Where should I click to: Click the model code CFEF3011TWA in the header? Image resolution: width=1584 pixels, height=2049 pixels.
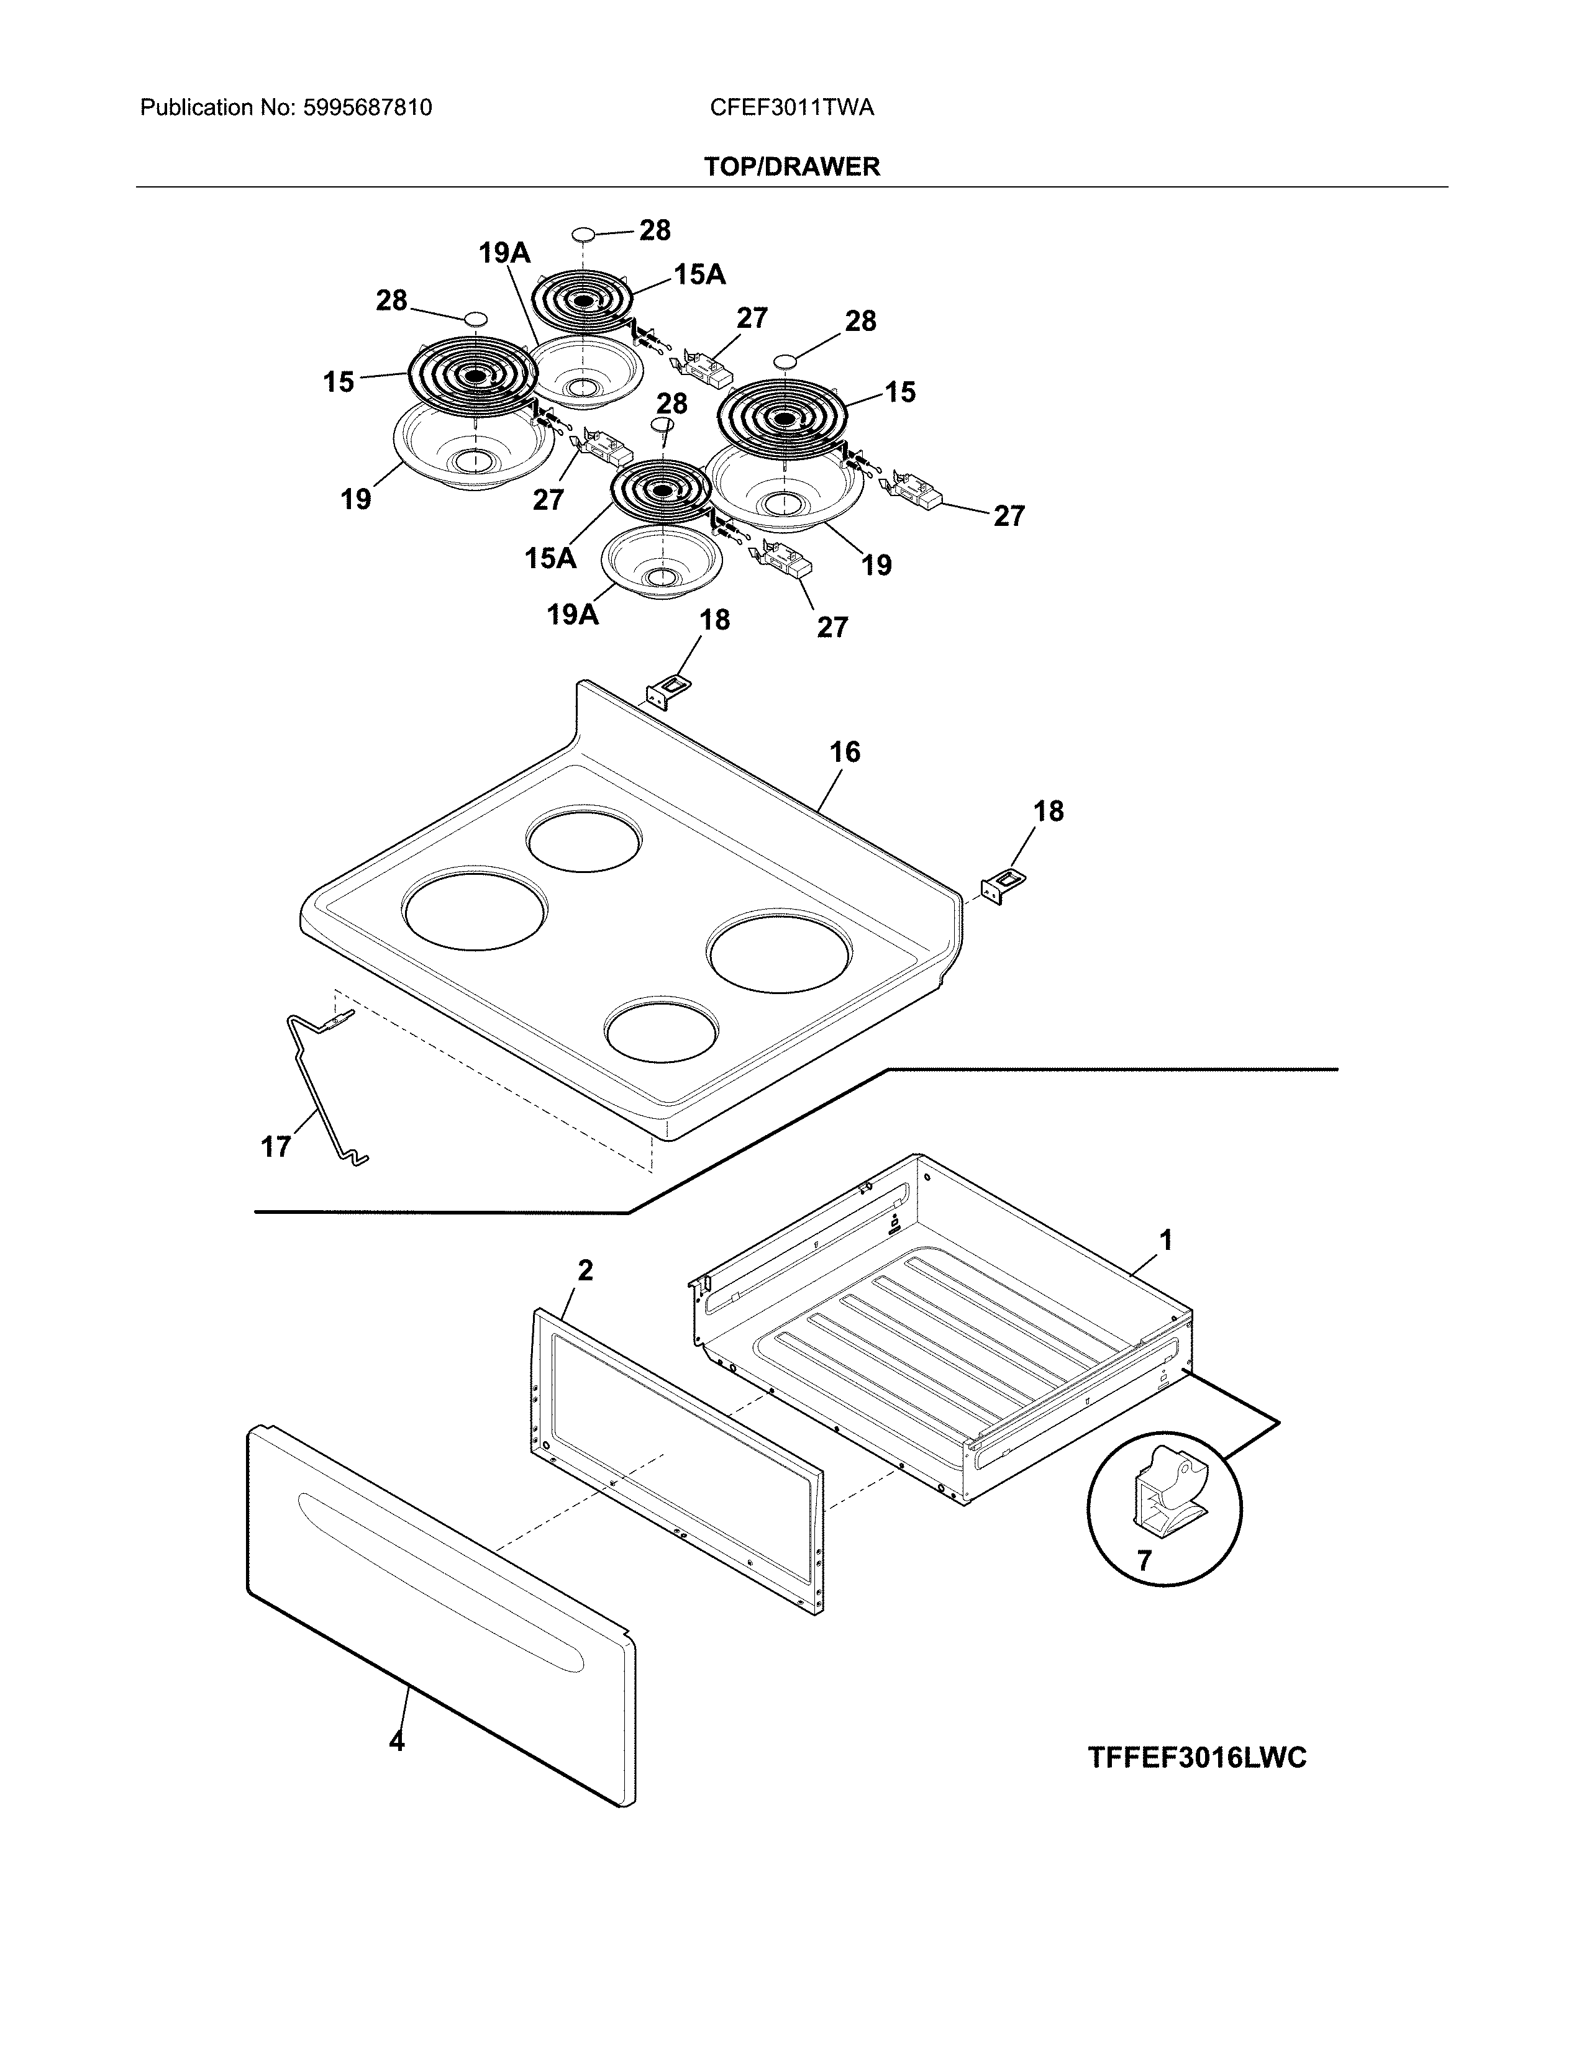[x=791, y=108]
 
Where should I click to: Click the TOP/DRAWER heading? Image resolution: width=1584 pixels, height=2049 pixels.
[x=791, y=167]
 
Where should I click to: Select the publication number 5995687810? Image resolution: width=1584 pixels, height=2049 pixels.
[x=367, y=108]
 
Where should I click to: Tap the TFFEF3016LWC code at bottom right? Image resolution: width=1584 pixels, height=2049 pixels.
[x=1196, y=1757]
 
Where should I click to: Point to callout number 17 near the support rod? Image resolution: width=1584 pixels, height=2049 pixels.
[x=275, y=1146]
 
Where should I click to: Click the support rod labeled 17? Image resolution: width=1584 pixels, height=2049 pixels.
[x=314, y=1088]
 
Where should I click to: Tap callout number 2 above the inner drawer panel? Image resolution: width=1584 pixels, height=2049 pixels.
[x=585, y=1270]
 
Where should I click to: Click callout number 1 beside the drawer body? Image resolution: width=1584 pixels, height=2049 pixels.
[x=1165, y=1241]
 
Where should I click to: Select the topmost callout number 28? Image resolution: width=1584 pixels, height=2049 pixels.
[x=654, y=230]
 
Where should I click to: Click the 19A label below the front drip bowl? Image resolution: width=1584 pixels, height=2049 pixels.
[x=573, y=615]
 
